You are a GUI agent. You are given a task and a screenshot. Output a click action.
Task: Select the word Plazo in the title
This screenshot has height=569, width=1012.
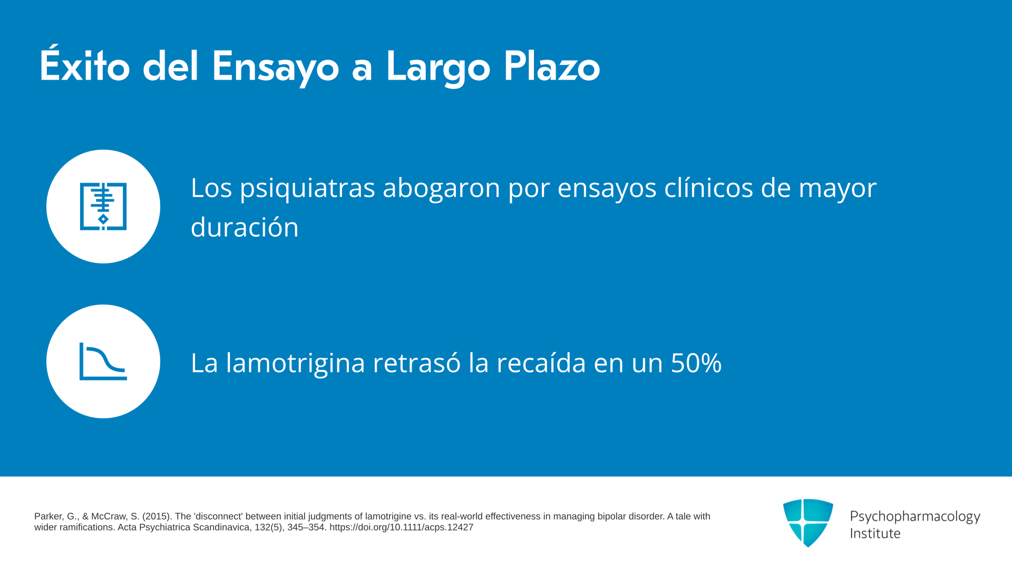coord(552,66)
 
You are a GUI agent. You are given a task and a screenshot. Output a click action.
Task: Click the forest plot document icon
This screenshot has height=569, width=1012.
coord(103,207)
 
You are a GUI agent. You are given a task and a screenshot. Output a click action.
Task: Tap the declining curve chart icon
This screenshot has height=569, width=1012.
coord(103,361)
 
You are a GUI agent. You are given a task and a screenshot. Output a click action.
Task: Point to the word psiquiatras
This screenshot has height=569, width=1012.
coord(307,188)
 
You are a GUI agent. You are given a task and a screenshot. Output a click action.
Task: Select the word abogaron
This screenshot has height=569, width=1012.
coord(441,188)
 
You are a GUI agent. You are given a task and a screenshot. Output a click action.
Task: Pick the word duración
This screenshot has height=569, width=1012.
coord(245,227)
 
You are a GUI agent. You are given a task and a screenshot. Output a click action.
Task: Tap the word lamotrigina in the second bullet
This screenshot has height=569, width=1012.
coord(295,364)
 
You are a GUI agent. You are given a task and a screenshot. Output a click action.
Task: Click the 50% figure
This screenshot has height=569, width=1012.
coord(696,362)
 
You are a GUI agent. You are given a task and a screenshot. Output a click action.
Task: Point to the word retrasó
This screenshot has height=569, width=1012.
coord(416,362)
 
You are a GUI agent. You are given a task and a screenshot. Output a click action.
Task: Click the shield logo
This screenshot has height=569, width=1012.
coord(808,523)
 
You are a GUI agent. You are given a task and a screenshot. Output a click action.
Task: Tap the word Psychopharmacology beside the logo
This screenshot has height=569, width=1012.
coord(915,517)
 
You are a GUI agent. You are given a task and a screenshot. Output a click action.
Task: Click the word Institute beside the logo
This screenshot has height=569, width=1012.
coord(875,533)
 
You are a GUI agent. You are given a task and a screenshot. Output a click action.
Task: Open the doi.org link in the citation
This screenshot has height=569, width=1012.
coord(401,527)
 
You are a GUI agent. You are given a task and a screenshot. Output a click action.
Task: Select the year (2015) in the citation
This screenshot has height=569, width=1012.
coord(157,516)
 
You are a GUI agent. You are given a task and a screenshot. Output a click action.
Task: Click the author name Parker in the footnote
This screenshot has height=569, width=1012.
coord(48,516)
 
